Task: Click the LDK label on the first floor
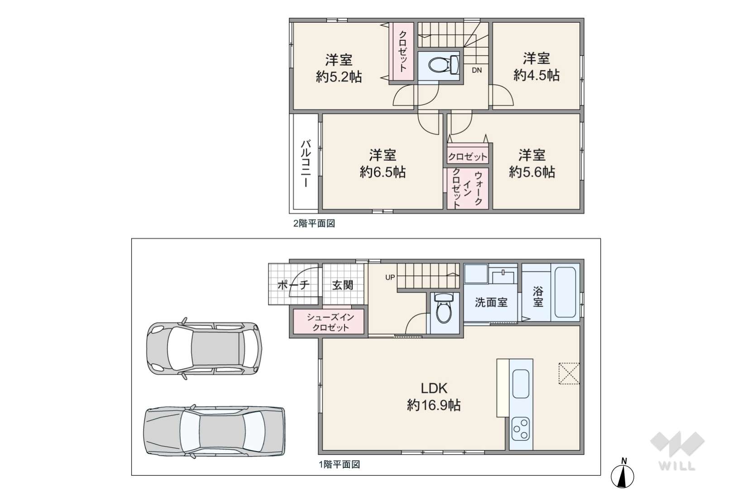pos(434,388)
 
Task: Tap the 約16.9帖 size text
pos(434,405)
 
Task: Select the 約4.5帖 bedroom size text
pos(536,75)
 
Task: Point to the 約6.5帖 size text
pos(383,172)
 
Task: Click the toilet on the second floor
pos(443,65)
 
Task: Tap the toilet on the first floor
pos(444,308)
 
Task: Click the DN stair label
pos(477,70)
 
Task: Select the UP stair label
pos(390,277)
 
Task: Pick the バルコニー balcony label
pos(306,163)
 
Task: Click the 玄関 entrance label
pos(343,285)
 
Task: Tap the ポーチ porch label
pos(293,285)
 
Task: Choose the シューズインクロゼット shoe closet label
pos(330,322)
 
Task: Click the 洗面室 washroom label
pos(491,302)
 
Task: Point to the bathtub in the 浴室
pos(565,292)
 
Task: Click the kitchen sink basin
pos(521,384)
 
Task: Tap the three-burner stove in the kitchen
pos(521,429)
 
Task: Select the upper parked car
pos(204,349)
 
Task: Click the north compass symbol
pos(622,474)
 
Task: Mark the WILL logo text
pos(677,466)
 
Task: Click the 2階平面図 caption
pos(314,224)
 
